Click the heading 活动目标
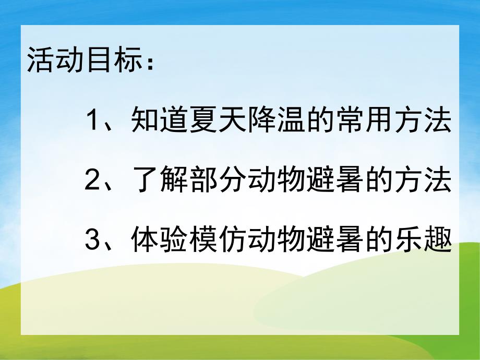[83, 62]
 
